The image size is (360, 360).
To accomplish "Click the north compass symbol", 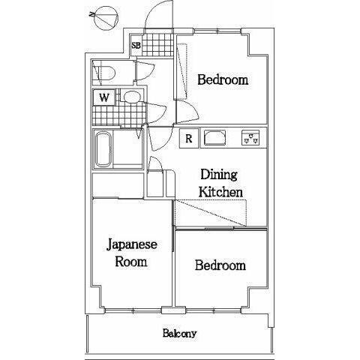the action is pyautogui.click(x=106, y=17).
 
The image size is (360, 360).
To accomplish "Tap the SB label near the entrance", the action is pyautogui.click(x=136, y=46).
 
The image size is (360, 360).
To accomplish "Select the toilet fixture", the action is pyautogui.click(x=106, y=73).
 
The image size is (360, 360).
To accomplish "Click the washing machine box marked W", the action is pyautogui.click(x=104, y=97).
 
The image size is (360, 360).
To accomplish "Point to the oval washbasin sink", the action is pyautogui.click(x=132, y=97).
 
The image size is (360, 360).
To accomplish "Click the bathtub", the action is pyautogui.click(x=103, y=149).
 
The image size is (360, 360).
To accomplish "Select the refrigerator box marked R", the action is pyautogui.click(x=189, y=138).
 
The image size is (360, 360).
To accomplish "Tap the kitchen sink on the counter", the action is pyautogui.click(x=214, y=138).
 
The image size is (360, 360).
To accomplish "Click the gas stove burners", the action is pyautogui.click(x=250, y=138).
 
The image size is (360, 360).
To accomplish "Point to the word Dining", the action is pyautogui.click(x=219, y=175).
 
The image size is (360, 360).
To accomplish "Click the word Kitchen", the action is pyautogui.click(x=220, y=192).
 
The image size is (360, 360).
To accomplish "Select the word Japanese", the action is pyautogui.click(x=132, y=245).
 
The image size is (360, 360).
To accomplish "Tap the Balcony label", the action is pyautogui.click(x=179, y=334).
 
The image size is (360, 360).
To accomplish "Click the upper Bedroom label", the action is pyautogui.click(x=223, y=79).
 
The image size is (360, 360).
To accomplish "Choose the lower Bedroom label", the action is pyautogui.click(x=220, y=265).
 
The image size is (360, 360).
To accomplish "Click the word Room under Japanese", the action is pyautogui.click(x=130, y=262).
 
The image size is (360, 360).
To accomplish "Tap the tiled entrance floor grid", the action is pyautogui.click(x=157, y=45).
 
